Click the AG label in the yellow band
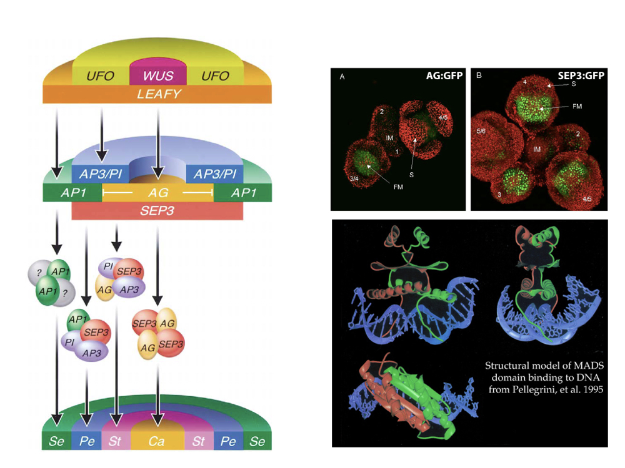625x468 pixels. click(157, 193)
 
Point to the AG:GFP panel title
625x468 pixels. click(441, 76)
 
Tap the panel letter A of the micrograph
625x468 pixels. click(342, 77)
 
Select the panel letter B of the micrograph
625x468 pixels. click(479, 76)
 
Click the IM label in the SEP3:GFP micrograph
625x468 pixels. click(536, 149)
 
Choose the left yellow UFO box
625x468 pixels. click(101, 76)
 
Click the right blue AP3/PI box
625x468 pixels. click(214, 174)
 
